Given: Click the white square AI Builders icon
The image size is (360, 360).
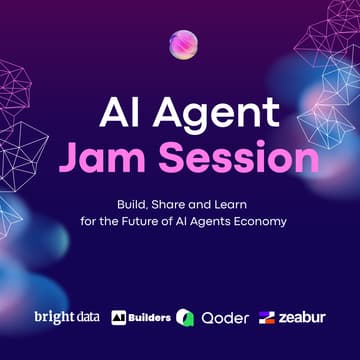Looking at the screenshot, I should [118, 318].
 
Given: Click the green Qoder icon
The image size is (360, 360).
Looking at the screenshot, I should [185, 318].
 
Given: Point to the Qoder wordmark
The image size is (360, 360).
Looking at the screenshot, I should [225, 318].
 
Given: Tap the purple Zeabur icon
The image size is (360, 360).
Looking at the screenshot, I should [267, 318].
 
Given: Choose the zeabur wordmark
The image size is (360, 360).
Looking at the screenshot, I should [303, 318].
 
